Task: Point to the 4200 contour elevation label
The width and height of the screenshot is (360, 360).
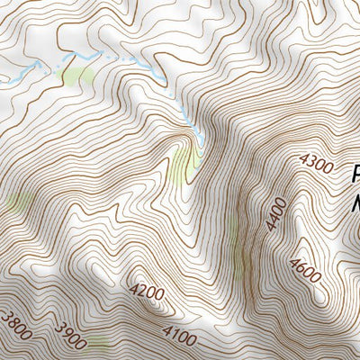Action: coord(148,291)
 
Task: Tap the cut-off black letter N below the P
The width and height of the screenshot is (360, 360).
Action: coord(356,203)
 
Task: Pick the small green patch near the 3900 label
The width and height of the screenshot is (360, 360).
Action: coord(98,343)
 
